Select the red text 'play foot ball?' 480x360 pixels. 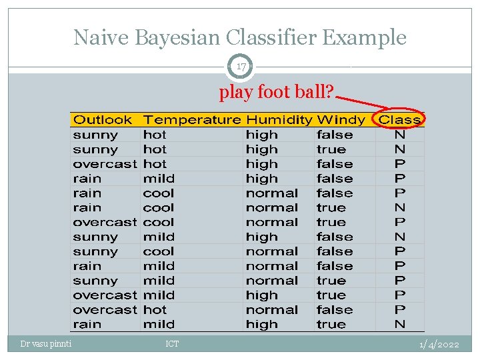(x=276, y=92)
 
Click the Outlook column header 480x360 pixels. (x=103, y=120)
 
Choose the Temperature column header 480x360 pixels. (x=192, y=120)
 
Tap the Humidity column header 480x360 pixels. (x=279, y=120)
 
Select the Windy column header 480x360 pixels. (x=341, y=120)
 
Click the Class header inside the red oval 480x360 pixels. (x=400, y=120)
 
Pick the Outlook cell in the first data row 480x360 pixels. (x=95, y=135)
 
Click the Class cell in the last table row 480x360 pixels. (x=400, y=325)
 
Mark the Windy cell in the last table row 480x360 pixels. (x=331, y=325)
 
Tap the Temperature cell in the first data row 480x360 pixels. (x=155, y=135)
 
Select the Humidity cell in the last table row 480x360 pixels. (x=261, y=325)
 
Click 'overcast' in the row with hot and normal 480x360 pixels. (x=105, y=310)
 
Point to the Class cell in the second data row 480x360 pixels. (x=400, y=149)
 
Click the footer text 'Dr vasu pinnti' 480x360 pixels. (x=47, y=344)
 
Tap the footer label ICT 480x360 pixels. (x=172, y=344)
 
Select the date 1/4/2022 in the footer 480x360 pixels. (x=439, y=344)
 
